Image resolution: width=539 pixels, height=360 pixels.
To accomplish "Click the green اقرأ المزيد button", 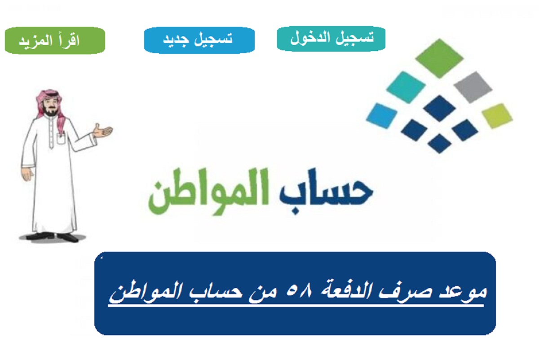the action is [55, 40].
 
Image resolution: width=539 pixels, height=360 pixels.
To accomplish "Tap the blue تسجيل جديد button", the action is [199, 40].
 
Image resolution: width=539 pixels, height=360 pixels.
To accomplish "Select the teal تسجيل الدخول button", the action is [331, 39].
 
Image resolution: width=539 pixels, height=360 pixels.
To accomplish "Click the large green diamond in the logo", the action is [439, 58].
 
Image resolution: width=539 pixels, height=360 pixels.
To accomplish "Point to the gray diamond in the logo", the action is [473, 87].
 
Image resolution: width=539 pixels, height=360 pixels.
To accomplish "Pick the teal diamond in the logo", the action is [406, 88].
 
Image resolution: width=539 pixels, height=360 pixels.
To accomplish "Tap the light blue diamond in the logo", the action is [382, 116].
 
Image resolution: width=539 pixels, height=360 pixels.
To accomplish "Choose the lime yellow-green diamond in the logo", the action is [497, 116].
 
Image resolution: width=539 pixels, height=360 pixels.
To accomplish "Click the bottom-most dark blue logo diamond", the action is [439, 143].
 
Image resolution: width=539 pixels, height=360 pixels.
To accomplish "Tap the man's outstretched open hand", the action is [102, 131].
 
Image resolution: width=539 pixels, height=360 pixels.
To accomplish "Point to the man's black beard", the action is [50, 112].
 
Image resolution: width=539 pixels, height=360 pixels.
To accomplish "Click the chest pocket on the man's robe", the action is [61, 139].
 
